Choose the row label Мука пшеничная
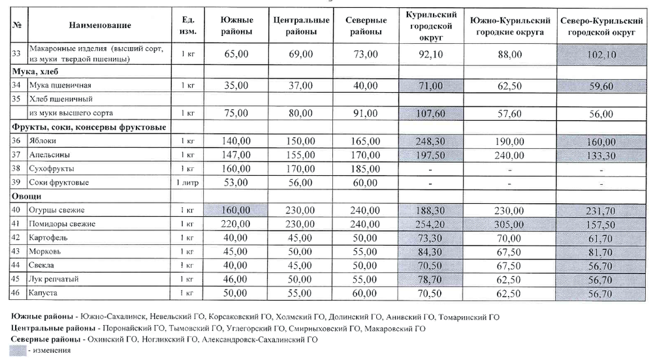(55, 86)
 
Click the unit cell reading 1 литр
(187, 182)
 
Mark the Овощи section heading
(27, 196)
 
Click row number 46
(16, 293)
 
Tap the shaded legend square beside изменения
(19, 350)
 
